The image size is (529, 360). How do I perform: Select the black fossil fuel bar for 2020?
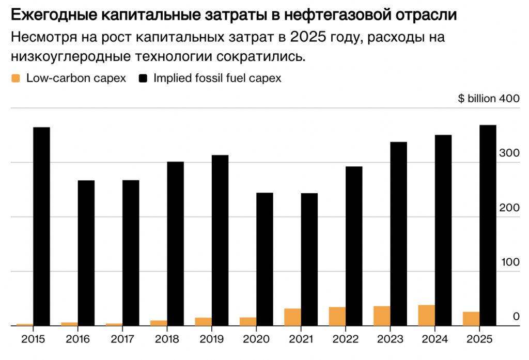pyautogui.click(x=264, y=259)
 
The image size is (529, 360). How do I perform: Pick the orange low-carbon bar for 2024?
pyautogui.click(x=426, y=316)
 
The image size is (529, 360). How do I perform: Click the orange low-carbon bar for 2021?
pyautogui.click(x=292, y=317)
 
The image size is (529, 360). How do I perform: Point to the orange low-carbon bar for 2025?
pyautogui.click(x=471, y=319)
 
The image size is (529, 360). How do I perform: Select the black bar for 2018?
pyautogui.click(x=175, y=243)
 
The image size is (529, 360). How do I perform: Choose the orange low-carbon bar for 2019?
pyautogui.click(x=203, y=321)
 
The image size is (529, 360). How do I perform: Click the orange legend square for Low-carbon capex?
pyautogui.click(x=15, y=79)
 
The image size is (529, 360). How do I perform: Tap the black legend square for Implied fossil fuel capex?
pyautogui.click(x=143, y=79)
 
